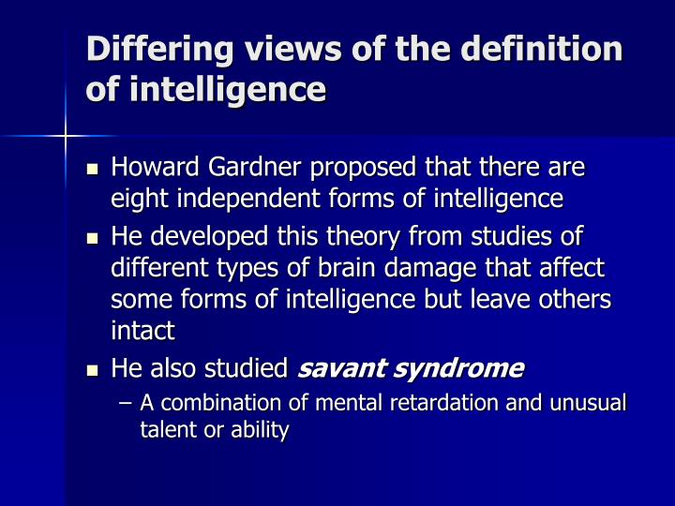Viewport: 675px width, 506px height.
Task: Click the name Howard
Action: coord(150,169)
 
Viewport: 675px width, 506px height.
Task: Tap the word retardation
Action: coord(422,404)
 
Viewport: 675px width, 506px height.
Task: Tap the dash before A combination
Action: coord(127,404)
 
